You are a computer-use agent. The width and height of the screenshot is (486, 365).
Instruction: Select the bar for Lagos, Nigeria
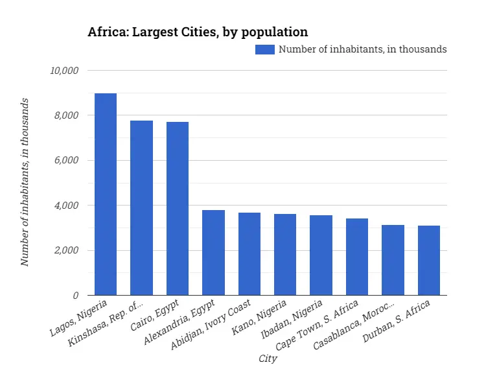coord(106,194)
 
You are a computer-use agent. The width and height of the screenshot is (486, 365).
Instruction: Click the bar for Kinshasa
coord(141,207)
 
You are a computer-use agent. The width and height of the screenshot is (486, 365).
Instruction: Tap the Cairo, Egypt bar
coord(178,208)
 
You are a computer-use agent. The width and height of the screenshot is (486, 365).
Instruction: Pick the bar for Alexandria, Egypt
coord(213,252)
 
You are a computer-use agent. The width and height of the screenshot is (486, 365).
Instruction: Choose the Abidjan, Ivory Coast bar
coord(249,253)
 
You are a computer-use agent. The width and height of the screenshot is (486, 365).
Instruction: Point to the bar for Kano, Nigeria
coord(285,254)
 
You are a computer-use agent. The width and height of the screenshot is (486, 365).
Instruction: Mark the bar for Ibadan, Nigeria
coord(321,255)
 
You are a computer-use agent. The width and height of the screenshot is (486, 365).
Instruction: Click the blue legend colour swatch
coord(265,49)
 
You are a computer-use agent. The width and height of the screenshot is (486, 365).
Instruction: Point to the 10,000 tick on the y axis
coord(64,70)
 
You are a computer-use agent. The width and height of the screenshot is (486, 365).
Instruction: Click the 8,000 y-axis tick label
coord(66,115)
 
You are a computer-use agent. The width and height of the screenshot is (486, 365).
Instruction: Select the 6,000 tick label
coord(66,160)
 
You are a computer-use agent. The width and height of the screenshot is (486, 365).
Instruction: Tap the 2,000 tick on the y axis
coord(66,250)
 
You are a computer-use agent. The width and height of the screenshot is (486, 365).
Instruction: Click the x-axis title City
coord(268,358)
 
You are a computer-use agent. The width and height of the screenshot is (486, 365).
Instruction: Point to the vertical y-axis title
coord(25,182)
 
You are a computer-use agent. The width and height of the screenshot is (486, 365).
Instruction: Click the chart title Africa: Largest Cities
coord(198,32)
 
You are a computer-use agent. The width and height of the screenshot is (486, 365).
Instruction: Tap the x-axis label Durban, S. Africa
coord(405,322)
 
